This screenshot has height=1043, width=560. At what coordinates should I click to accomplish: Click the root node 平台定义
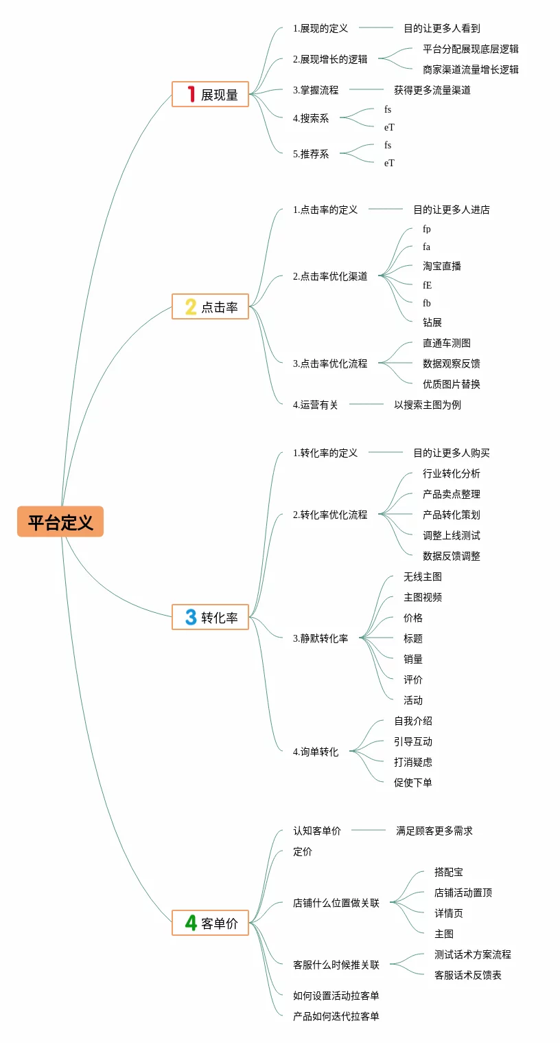point(60,521)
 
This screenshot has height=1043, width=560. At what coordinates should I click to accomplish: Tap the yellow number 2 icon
point(191,306)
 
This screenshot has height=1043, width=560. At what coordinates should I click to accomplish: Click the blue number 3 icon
point(191,617)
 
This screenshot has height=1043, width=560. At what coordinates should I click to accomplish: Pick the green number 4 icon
point(191,923)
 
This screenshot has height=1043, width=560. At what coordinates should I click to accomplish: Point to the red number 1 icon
point(191,94)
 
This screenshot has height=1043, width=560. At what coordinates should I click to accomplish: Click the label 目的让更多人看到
point(441,28)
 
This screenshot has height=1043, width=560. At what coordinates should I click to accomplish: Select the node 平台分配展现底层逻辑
point(470,49)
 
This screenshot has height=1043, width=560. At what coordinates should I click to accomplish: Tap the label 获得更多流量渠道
point(432,90)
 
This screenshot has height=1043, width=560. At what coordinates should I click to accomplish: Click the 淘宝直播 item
point(441,266)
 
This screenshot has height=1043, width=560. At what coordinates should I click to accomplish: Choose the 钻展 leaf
point(432,322)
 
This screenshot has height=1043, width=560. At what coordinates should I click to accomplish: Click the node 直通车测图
point(446,343)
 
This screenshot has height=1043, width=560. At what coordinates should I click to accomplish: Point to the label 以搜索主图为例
point(427,405)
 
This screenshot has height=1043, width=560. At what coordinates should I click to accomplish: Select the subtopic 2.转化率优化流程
point(330,515)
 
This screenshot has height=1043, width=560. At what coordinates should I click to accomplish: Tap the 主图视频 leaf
point(422,597)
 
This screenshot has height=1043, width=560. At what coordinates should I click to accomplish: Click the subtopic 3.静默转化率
point(320,638)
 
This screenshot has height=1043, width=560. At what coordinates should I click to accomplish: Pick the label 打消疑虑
point(412,762)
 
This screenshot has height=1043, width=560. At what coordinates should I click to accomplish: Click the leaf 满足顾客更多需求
point(434,831)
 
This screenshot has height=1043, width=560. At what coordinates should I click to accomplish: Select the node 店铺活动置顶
point(463,893)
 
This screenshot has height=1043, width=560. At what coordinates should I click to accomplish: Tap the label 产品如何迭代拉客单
point(336,1016)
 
